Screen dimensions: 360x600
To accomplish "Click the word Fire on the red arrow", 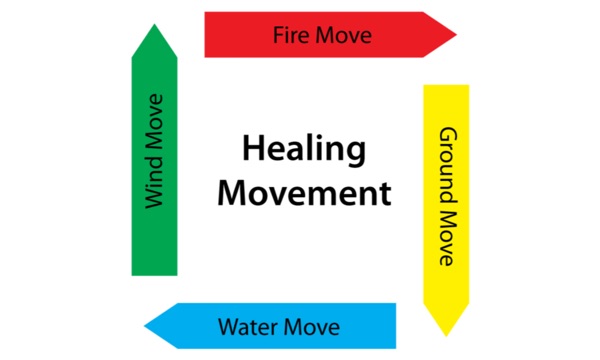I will click(x=289, y=36).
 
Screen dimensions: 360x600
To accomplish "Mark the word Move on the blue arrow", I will click(x=311, y=327).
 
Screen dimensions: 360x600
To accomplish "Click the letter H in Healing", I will click(x=252, y=151).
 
